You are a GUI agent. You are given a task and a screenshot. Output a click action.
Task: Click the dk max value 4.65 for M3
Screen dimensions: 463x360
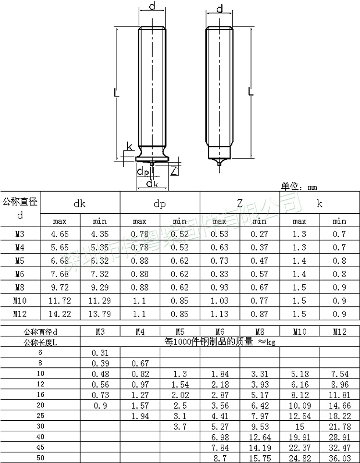pos(60,234)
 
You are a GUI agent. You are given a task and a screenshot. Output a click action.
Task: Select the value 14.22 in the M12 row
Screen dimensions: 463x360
pos(60,314)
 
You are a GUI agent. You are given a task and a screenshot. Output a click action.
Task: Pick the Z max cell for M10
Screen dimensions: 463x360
pos(219,301)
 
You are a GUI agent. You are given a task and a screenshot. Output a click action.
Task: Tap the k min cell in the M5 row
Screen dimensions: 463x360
pos(339,261)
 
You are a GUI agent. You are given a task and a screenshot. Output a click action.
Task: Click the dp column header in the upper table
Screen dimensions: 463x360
pos(159,204)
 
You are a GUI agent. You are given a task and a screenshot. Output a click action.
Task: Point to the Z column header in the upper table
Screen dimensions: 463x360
pos(239,204)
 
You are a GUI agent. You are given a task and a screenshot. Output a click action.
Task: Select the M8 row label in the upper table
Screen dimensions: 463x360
pos(20,288)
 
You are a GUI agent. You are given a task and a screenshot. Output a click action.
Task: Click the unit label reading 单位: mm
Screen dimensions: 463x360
pos(299,187)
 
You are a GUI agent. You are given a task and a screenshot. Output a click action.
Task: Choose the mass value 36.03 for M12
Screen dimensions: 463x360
pos(339,458)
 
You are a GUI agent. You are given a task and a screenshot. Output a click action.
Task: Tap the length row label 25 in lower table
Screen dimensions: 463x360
pos(40,415)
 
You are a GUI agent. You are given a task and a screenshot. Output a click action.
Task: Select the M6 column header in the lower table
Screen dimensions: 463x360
pos(219,331)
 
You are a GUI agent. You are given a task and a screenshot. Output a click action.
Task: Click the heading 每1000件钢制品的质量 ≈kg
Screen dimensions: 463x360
pos(219,342)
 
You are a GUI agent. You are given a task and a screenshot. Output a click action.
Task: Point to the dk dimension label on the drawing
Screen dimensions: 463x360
pos(152,183)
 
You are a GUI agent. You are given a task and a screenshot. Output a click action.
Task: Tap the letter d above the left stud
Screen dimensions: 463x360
pos(152,6)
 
